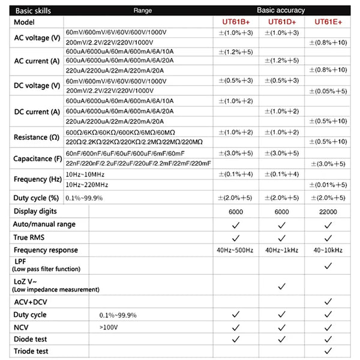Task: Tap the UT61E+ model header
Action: point(328,22)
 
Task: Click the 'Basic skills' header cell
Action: point(32,10)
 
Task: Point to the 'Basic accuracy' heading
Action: point(281,10)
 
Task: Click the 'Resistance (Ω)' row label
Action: point(37,137)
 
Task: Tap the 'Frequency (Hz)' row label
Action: point(37,179)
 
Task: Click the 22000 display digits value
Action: point(328,212)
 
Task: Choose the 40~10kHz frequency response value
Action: point(328,250)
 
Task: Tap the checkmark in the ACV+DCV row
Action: point(328,301)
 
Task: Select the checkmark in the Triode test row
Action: point(328,351)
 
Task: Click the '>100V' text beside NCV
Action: point(109,327)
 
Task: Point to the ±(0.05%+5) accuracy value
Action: point(328,91)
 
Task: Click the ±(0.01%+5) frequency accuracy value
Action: point(328,185)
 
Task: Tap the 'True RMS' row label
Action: point(29,237)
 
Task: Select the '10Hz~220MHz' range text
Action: point(88,185)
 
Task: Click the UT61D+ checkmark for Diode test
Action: point(281,339)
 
